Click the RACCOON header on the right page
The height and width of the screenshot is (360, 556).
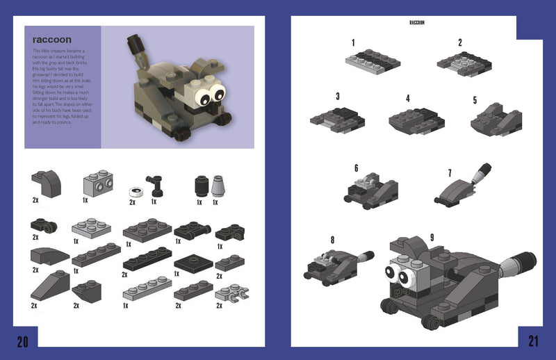(417, 23)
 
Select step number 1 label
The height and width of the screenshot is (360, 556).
(353, 43)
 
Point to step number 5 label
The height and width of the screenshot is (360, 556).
(475, 100)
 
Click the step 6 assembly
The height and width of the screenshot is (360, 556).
(372, 188)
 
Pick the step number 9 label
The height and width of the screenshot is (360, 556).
(432, 238)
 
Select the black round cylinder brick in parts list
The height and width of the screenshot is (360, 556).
(200, 186)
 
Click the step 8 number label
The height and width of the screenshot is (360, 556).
(332, 240)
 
